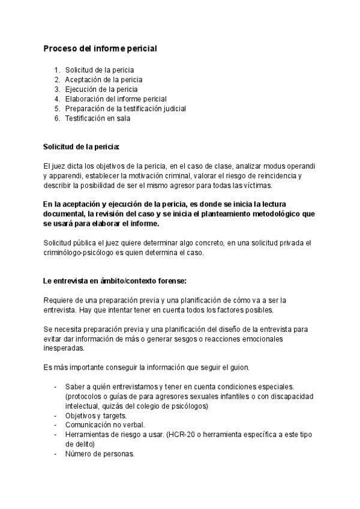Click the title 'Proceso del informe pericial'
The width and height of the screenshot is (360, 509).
100,48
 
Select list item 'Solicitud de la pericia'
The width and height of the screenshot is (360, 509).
100,70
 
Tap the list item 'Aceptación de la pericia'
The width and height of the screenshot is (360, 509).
104,79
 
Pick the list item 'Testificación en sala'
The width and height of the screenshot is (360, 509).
98,118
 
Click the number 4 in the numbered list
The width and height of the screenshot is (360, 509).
57,99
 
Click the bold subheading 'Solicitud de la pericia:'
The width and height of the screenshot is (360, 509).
82,146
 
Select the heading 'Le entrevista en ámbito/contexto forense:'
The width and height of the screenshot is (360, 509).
115,281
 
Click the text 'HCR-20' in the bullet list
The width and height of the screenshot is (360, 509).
186,435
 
